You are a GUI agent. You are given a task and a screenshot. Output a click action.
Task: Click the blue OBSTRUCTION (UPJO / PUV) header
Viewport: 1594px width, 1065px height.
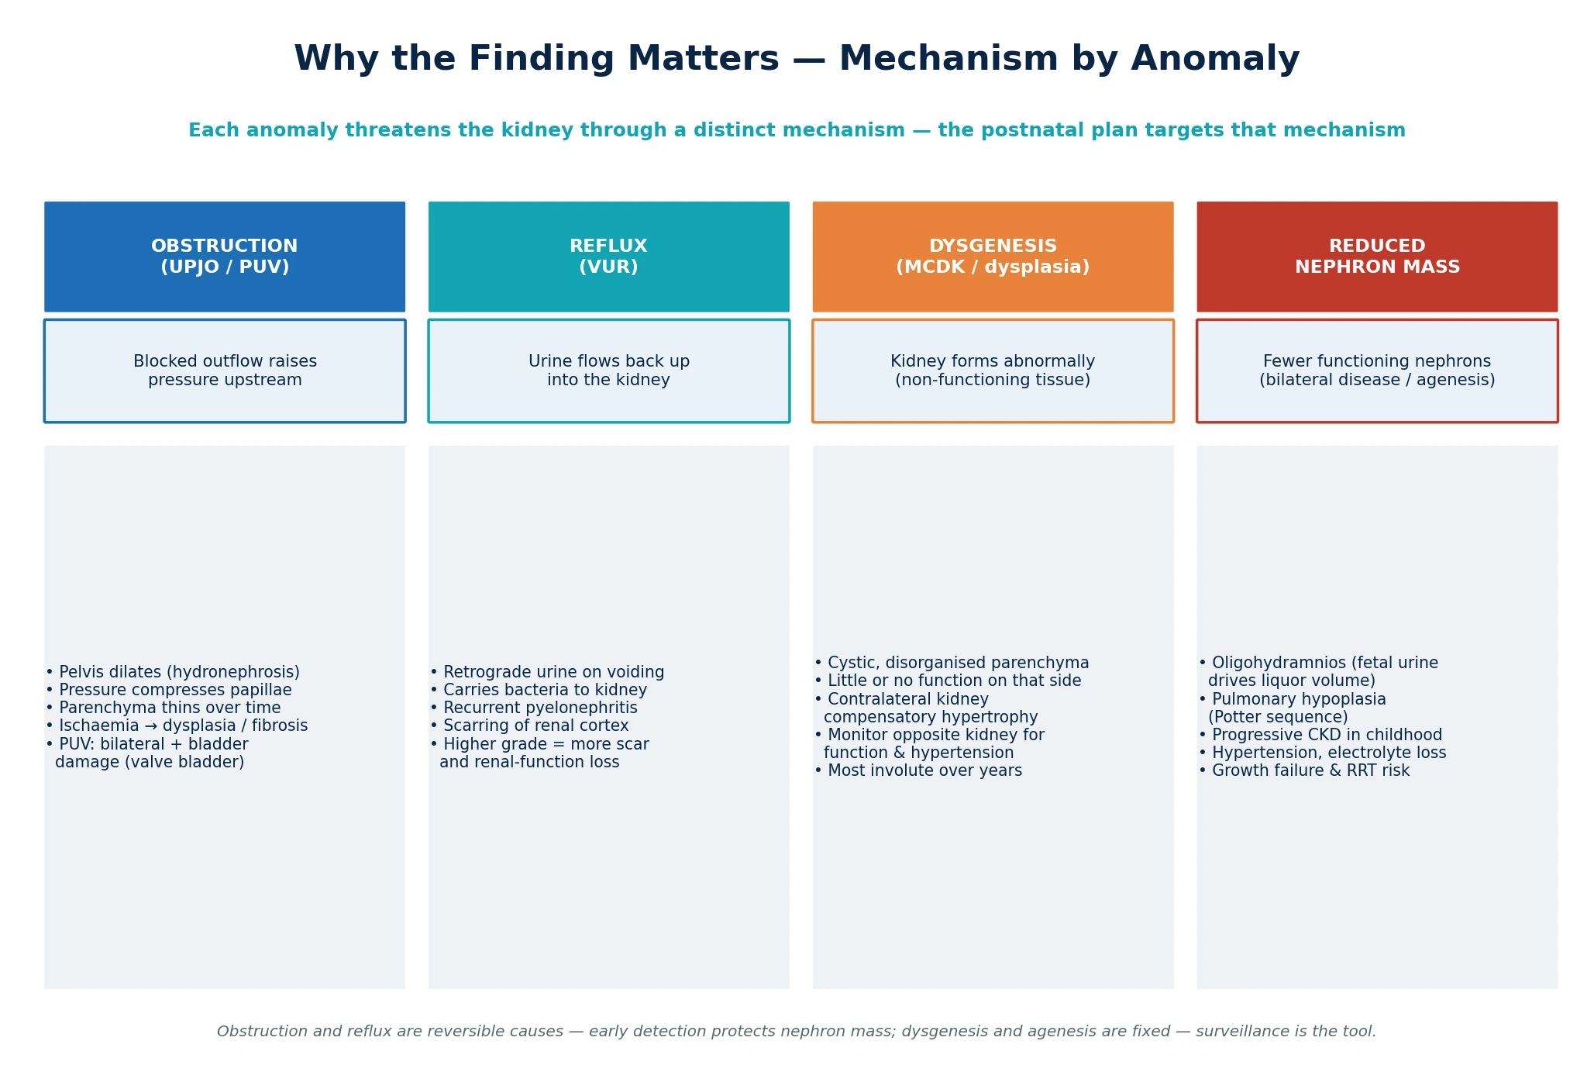pos(225,257)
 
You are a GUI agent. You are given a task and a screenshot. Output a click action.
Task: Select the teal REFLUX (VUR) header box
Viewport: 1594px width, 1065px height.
pos(609,257)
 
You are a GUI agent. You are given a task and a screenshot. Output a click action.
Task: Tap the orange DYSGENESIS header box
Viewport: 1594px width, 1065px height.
pos(993,257)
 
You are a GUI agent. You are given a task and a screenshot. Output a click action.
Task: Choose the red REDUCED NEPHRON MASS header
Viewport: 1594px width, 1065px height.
pos(1377,257)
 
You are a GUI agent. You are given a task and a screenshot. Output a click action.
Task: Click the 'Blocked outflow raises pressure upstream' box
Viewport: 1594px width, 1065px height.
pos(225,371)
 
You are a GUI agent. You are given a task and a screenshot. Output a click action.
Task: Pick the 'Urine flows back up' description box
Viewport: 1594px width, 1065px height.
pos(609,371)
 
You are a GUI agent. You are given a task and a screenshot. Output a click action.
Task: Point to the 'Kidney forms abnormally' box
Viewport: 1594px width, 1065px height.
pos(993,371)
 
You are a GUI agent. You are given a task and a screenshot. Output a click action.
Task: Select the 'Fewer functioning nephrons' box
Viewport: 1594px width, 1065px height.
pos(1377,371)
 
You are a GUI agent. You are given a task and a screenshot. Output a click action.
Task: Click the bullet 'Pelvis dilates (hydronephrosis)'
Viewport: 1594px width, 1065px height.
pos(173,672)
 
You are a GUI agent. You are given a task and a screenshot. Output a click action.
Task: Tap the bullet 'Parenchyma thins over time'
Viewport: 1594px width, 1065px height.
pos(164,708)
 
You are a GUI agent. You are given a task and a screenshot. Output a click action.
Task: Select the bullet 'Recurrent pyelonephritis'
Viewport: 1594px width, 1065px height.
pos(534,708)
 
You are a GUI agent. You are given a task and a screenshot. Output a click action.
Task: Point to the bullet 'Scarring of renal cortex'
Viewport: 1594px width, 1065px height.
pos(529,726)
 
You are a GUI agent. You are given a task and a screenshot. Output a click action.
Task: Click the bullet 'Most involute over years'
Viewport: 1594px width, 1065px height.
pos(918,770)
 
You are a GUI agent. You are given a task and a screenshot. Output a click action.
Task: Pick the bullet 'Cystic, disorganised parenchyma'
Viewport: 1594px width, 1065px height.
pos(952,663)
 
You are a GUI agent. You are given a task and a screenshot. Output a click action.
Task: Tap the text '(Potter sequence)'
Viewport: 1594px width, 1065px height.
pos(1278,717)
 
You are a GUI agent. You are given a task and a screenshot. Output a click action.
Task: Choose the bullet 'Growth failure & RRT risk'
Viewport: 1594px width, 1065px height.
pos(1304,770)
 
